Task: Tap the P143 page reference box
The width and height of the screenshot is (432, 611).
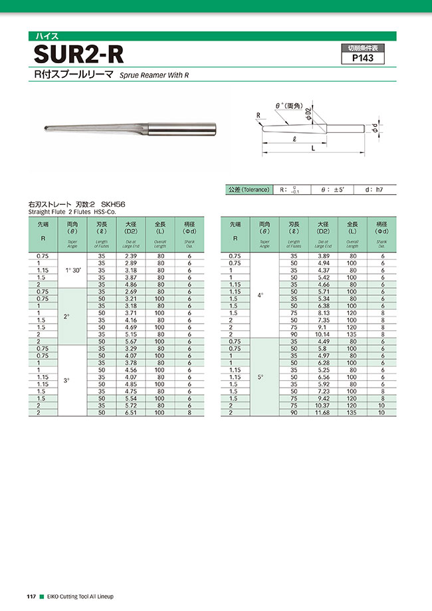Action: coord(362,58)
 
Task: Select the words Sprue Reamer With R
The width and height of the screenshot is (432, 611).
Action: coord(155,76)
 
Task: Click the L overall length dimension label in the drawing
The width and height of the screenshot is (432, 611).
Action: coord(313,150)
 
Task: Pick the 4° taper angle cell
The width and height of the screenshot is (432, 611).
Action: coord(261,295)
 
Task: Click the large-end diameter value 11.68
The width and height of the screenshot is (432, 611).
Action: coord(322,413)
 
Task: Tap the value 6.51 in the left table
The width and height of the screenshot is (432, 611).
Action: coord(131,413)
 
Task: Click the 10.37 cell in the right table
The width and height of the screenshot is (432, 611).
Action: coord(322,406)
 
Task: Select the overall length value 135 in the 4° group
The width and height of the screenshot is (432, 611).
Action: coord(352,334)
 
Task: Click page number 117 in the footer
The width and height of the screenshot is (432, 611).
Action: coord(31,596)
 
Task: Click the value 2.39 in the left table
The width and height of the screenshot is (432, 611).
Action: coord(131,256)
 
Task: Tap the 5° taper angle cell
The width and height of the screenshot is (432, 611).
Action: coord(261,376)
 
